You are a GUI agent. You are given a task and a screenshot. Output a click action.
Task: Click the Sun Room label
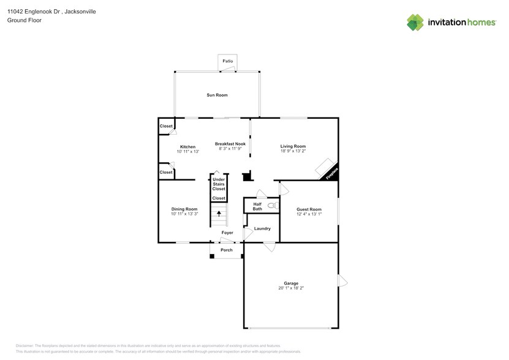217,95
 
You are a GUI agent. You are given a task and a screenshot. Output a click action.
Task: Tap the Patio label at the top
228,61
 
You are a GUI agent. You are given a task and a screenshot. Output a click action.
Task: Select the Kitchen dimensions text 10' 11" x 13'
187,151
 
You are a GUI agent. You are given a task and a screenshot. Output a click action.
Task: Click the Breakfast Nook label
230,144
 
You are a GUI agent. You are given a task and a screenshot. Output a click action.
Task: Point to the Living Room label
293,146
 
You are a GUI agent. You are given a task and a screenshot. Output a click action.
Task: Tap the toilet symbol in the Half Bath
271,206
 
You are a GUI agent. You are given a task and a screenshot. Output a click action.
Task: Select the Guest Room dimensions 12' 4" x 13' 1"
309,214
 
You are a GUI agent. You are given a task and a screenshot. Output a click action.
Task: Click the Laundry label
262,228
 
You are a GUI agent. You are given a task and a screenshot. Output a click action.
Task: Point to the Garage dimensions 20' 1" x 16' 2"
291,288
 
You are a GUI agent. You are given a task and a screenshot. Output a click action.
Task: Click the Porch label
226,250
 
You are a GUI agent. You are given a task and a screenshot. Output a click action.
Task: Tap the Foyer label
227,233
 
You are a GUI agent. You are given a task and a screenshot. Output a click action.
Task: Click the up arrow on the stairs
219,213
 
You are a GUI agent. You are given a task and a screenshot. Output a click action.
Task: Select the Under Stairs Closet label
219,184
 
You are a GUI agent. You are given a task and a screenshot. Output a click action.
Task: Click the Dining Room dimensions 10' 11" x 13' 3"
184,214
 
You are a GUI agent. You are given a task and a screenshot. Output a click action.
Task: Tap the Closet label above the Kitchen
166,126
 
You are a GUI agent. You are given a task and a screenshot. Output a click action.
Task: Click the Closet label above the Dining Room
166,172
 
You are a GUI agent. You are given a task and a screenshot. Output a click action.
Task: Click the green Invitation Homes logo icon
415,22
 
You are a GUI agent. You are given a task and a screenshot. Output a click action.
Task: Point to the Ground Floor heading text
21,20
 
